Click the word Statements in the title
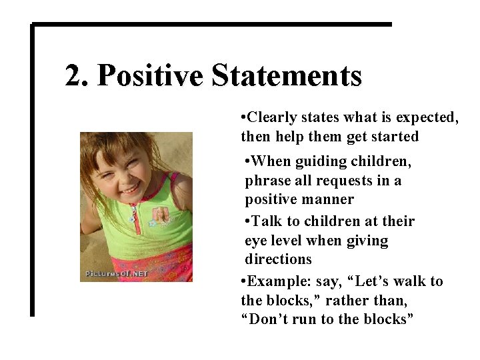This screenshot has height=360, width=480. [x=287, y=75]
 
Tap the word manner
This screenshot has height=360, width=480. [x=327, y=199]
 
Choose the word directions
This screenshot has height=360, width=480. [x=278, y=259]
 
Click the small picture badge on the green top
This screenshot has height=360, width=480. [x=161, y=215]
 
